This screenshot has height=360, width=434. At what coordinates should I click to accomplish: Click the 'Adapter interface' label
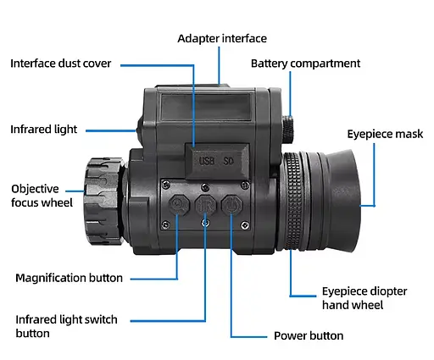(x=221, y=39)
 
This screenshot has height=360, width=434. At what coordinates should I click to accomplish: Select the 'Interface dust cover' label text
(x=72, y=64)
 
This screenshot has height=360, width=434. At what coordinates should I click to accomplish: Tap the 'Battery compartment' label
(x=305, y=64)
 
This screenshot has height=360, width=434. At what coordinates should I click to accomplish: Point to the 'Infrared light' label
(x=44, y=130)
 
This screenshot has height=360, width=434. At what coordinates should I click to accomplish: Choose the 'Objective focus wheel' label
(x=42, y=196)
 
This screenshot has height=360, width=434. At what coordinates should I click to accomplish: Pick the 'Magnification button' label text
(x=69, y=278)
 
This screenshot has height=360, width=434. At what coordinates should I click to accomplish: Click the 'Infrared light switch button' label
(x=66, y=326)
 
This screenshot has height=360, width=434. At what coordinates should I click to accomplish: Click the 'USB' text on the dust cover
(x=205, y=158)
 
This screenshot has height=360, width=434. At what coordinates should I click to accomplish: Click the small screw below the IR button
(x=205, y=222)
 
